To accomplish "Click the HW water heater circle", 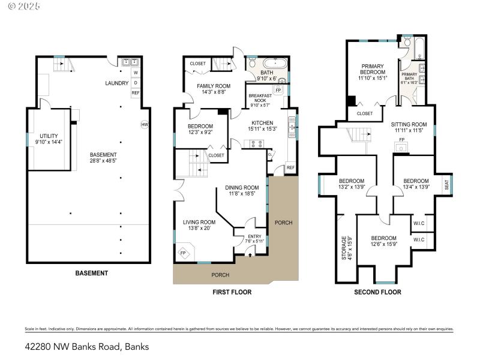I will click(x=144, y=125).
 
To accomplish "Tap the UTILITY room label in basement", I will click(x=48, y=136).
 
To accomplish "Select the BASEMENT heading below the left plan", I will click(x=91, y=273).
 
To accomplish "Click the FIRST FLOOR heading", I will click(x=232, y=292).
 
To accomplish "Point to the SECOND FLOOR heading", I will click(x=378, y=292).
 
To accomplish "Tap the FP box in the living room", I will click(x=183, y=253).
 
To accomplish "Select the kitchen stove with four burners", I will click(x=257, y=143).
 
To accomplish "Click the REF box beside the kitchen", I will click(x=290, y=167).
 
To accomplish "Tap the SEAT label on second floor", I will click(x=446, y=186).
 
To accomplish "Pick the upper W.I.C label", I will click(x=419, y=224).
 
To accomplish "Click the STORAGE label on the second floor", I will click(x=344, y=248).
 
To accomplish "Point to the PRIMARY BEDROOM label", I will click(x=372, y=69).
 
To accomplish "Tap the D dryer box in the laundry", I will click(x=135, y=82).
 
